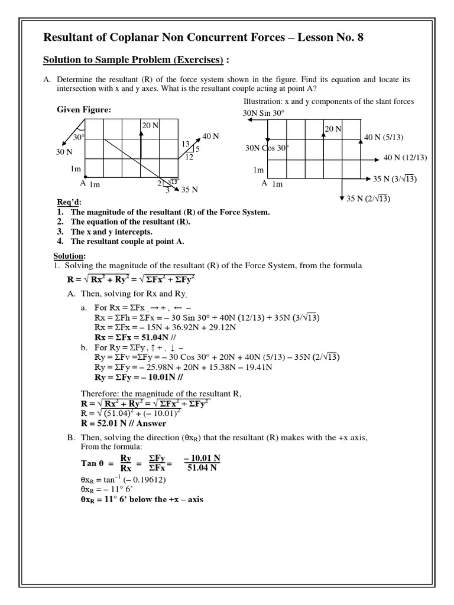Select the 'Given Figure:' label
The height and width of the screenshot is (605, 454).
click(84, 109)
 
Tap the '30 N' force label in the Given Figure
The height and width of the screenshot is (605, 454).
click(64, 152)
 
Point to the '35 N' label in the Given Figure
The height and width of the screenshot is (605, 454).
click(189, 190)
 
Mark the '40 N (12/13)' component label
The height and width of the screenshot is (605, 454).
click(405, 158)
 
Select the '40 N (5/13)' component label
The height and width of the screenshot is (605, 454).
click(384, 138)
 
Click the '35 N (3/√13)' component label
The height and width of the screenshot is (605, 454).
click(395, 178)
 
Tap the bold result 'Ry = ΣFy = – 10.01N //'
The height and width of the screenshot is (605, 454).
click(137, 376)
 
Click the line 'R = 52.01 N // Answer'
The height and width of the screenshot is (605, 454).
click(124, 423)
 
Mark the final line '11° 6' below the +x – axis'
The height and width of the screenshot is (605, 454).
click(141, 499)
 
